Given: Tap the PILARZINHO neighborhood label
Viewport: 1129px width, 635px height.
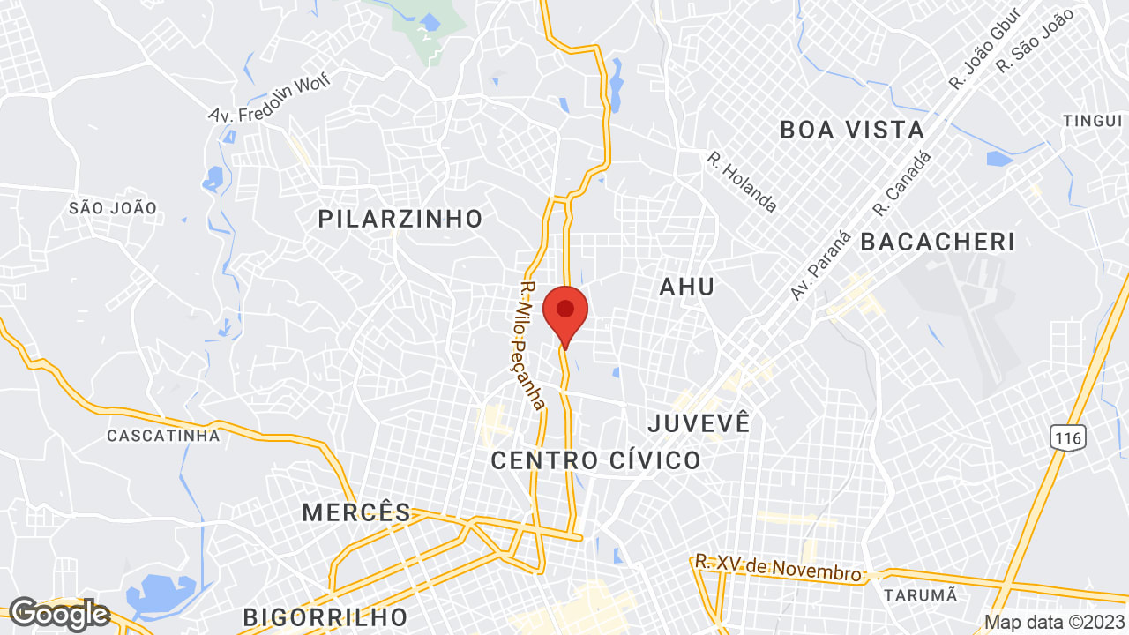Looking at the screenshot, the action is coord(400,219).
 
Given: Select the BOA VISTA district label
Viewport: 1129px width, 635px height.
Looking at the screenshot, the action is coord(852,131).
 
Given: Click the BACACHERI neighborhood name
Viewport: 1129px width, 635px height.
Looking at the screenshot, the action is coord(938,242).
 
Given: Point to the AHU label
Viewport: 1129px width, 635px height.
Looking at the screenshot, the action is coord(687,287).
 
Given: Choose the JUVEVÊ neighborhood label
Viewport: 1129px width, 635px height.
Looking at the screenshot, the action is coord(699,423).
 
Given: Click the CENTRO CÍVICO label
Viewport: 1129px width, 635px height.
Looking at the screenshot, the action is coord(595,460).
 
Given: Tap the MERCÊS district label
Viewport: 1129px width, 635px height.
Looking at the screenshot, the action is coord(356,512).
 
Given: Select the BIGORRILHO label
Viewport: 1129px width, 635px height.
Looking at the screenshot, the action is coord(325,616).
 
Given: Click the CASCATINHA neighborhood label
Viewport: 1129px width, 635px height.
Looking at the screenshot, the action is coord(163,436).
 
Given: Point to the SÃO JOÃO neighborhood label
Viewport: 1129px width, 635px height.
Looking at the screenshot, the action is coord(113,208).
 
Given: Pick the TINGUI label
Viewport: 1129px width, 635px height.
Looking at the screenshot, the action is coord(1092,121).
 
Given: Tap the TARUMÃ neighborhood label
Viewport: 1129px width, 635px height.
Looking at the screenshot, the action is coord(920,594).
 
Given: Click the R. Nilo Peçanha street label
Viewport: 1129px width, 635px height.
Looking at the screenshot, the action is coord(532,345).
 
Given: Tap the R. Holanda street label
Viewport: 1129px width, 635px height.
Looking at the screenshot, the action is coord(742,183).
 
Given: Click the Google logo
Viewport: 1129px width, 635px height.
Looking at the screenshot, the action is coord(58,614).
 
